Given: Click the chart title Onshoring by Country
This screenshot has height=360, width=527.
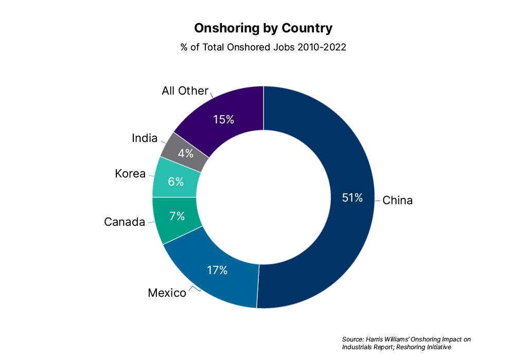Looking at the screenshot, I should pyautogui.click(x=263, y=28).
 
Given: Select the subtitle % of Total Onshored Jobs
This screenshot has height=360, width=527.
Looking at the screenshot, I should pyautogui.click(x=263, y=47).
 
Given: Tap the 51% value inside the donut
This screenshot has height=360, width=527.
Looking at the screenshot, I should pyautogui.click(x=353, y=197).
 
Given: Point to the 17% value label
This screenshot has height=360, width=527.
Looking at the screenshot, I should pyautogui.click(x=217, y=270).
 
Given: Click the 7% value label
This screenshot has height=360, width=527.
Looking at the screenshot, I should pyautogui.click(x=177, y=216).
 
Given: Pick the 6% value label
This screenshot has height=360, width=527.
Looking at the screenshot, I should pyautogui.click(x=175, y=181).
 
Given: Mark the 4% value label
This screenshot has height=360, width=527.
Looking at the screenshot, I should pyautogui.click(x=185, y=153).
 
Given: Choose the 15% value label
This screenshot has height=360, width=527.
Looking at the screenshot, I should pyautogui.click(x=223, y=119).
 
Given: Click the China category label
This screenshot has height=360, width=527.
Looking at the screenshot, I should pyautogui.click(x=397, y=200).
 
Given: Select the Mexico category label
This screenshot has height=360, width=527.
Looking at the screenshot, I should pyautogui.click(x=167, y=293).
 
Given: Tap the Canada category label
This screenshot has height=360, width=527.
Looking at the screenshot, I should pyautogui.click(x=125, y=222).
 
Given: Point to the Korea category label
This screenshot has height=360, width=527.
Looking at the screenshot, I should pyautogui.click(x=130, y=174).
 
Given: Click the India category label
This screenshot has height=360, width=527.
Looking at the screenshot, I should pyautogui.click(x=145, y=138).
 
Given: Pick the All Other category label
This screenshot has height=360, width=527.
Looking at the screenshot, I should pyautogui.click(x=185, y=91).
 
